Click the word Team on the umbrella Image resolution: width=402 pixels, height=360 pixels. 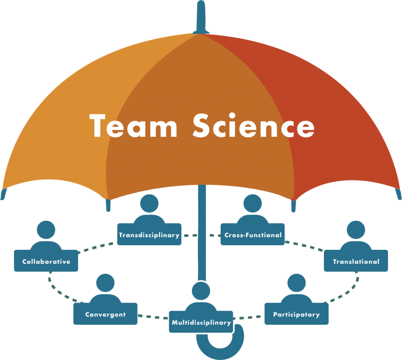pos(133,126)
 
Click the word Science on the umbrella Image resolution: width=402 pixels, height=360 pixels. pos(253,126)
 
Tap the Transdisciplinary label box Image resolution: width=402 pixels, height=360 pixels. pos(149,235)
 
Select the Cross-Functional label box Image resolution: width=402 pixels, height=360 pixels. pos(253,235)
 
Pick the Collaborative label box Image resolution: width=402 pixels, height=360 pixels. pos(46,261)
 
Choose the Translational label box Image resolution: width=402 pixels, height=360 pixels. pos(356,261)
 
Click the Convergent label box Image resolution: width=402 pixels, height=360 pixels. pos(105,314)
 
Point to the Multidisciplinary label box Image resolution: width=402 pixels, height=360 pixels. pos(201,322)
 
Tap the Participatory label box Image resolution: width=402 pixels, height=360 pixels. pos(296,314)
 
